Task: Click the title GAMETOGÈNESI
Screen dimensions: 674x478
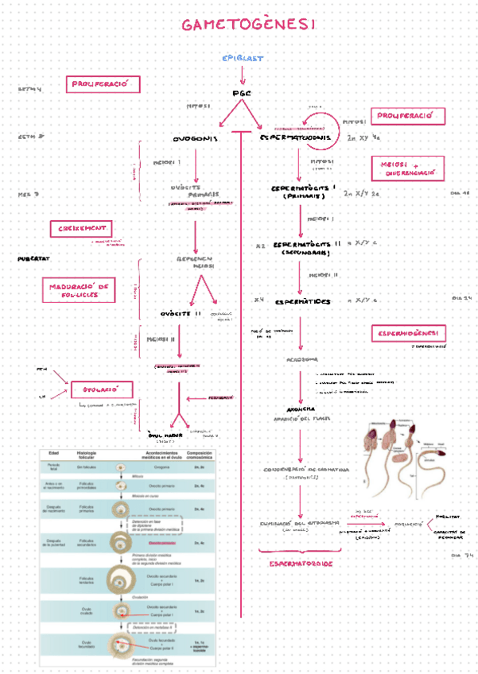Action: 248,25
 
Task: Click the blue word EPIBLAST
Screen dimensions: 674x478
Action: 243,58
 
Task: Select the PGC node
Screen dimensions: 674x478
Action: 242,93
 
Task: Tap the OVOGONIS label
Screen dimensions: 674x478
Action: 194,138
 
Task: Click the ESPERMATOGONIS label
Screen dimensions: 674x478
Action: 295,138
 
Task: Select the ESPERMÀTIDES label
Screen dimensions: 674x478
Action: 302,302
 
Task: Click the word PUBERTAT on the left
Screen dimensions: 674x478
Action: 34,259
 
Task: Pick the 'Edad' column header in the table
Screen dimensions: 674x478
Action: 54,453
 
